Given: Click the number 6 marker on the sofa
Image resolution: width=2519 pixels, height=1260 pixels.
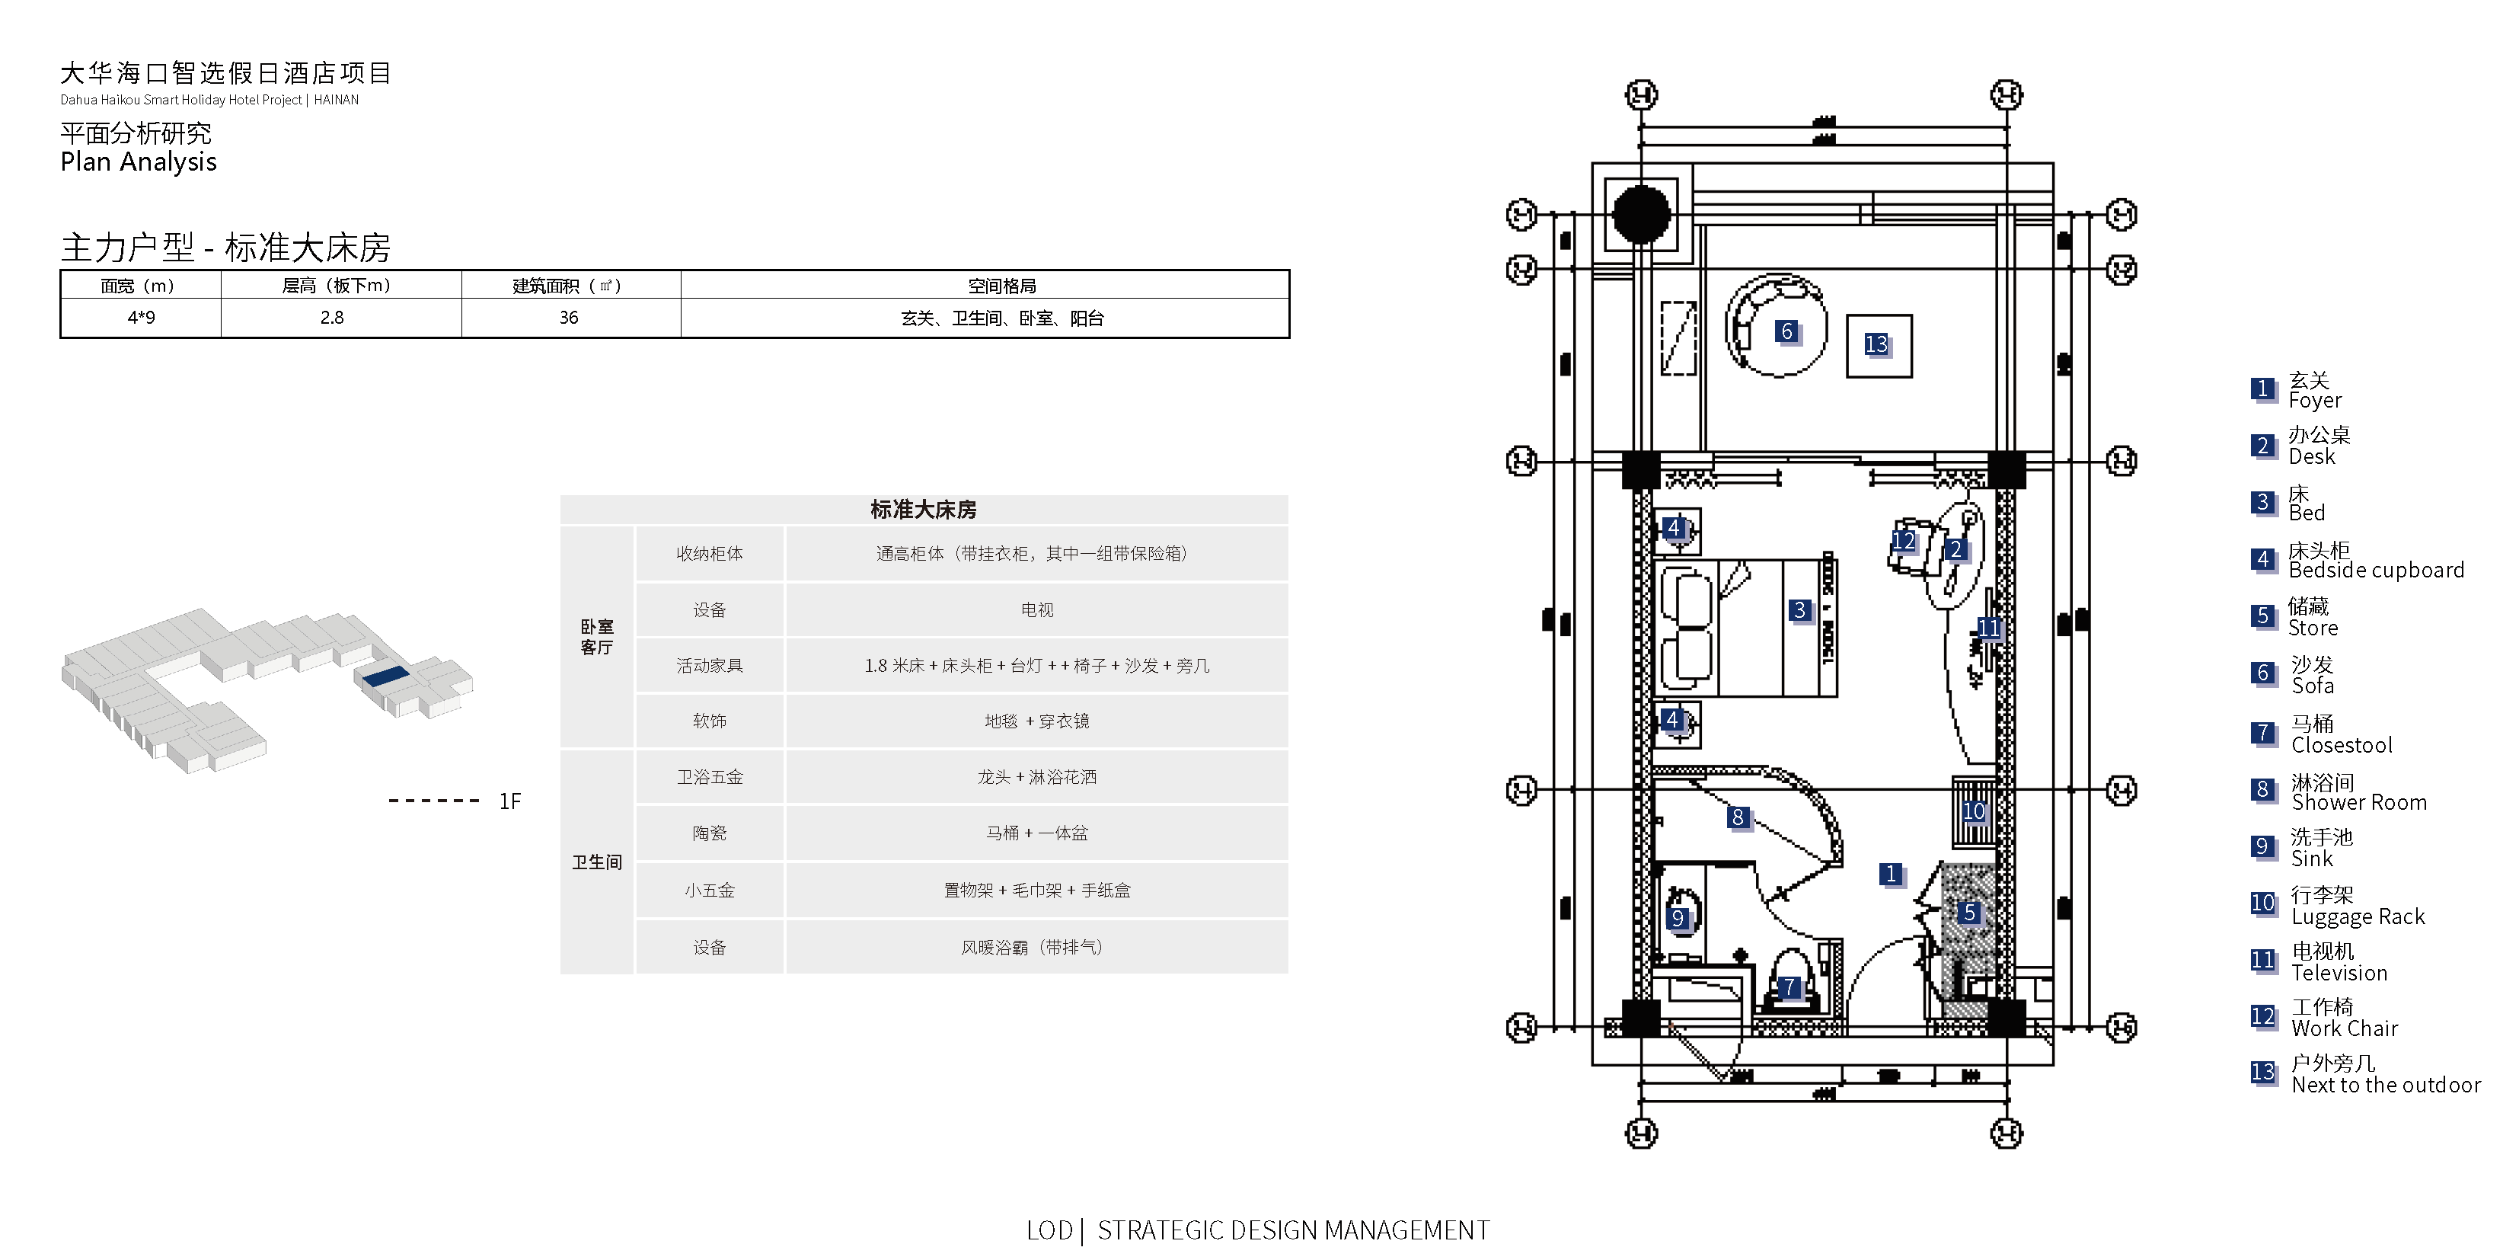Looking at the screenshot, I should tap(1786, 331).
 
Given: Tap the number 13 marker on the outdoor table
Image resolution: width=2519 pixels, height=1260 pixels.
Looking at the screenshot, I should tap(1876, 344).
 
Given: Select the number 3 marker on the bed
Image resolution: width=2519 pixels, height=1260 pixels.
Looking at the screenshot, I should tap(1799, 610).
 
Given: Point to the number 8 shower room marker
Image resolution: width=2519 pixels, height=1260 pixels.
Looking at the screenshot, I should tap(1738, 817).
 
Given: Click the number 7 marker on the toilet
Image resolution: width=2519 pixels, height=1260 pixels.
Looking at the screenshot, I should tap(1789, 987).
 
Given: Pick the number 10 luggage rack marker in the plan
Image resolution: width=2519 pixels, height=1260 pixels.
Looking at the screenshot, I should tap(1973, 811).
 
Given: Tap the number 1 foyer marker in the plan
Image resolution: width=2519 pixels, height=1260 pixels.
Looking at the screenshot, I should tap(1892, 874).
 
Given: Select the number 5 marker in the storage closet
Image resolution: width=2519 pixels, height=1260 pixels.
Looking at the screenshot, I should tap(1969, 913).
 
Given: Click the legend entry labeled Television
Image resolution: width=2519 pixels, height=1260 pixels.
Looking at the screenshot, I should tap(2339, 972).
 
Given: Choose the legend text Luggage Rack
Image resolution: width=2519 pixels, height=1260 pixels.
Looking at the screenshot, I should tap(2358, 916).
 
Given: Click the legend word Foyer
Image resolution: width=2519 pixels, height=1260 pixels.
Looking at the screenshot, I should tap(2315, 400).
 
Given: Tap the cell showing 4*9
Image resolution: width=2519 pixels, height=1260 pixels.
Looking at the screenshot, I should tap(141, 318).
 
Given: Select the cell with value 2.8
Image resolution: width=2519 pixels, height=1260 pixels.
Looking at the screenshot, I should tap(331, 318).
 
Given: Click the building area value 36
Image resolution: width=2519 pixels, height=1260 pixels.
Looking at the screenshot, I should tap(568, 318).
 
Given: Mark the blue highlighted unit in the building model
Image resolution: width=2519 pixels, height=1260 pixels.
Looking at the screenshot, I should tap(385, 675).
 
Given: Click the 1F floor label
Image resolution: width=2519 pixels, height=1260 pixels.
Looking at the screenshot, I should tap(509, 801).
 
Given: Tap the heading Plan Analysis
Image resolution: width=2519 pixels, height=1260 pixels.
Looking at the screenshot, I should tap(139, 162).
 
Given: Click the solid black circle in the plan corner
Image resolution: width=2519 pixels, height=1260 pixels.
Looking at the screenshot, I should tap(1641, 214).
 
